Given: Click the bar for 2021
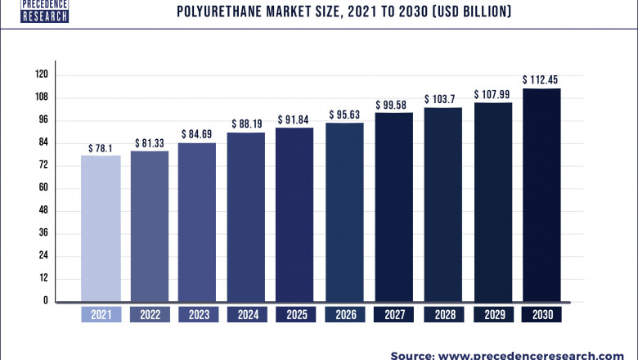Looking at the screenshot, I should click(x=101, y=227).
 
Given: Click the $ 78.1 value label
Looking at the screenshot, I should click(x=101, y=148).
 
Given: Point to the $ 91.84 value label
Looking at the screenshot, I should click(x=294, y=120).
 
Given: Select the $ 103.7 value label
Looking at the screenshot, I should click(x=443, y=99).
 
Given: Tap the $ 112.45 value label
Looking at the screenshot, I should click(x=541, y=79).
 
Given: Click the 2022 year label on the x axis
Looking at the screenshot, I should click(x=150, y=313).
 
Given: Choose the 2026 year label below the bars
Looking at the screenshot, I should click(x=344, y=313).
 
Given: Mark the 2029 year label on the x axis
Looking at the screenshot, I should click(x=492, y=313).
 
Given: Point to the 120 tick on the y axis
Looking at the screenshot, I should click(x=41, y=74).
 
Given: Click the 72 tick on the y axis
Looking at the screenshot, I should click(x=43, y=165).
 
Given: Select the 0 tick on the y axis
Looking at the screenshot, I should click(x=46, y=301).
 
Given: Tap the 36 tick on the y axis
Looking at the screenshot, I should click(x=43, y=233).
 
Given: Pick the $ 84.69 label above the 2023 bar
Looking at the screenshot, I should click(x=197, y=134).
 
